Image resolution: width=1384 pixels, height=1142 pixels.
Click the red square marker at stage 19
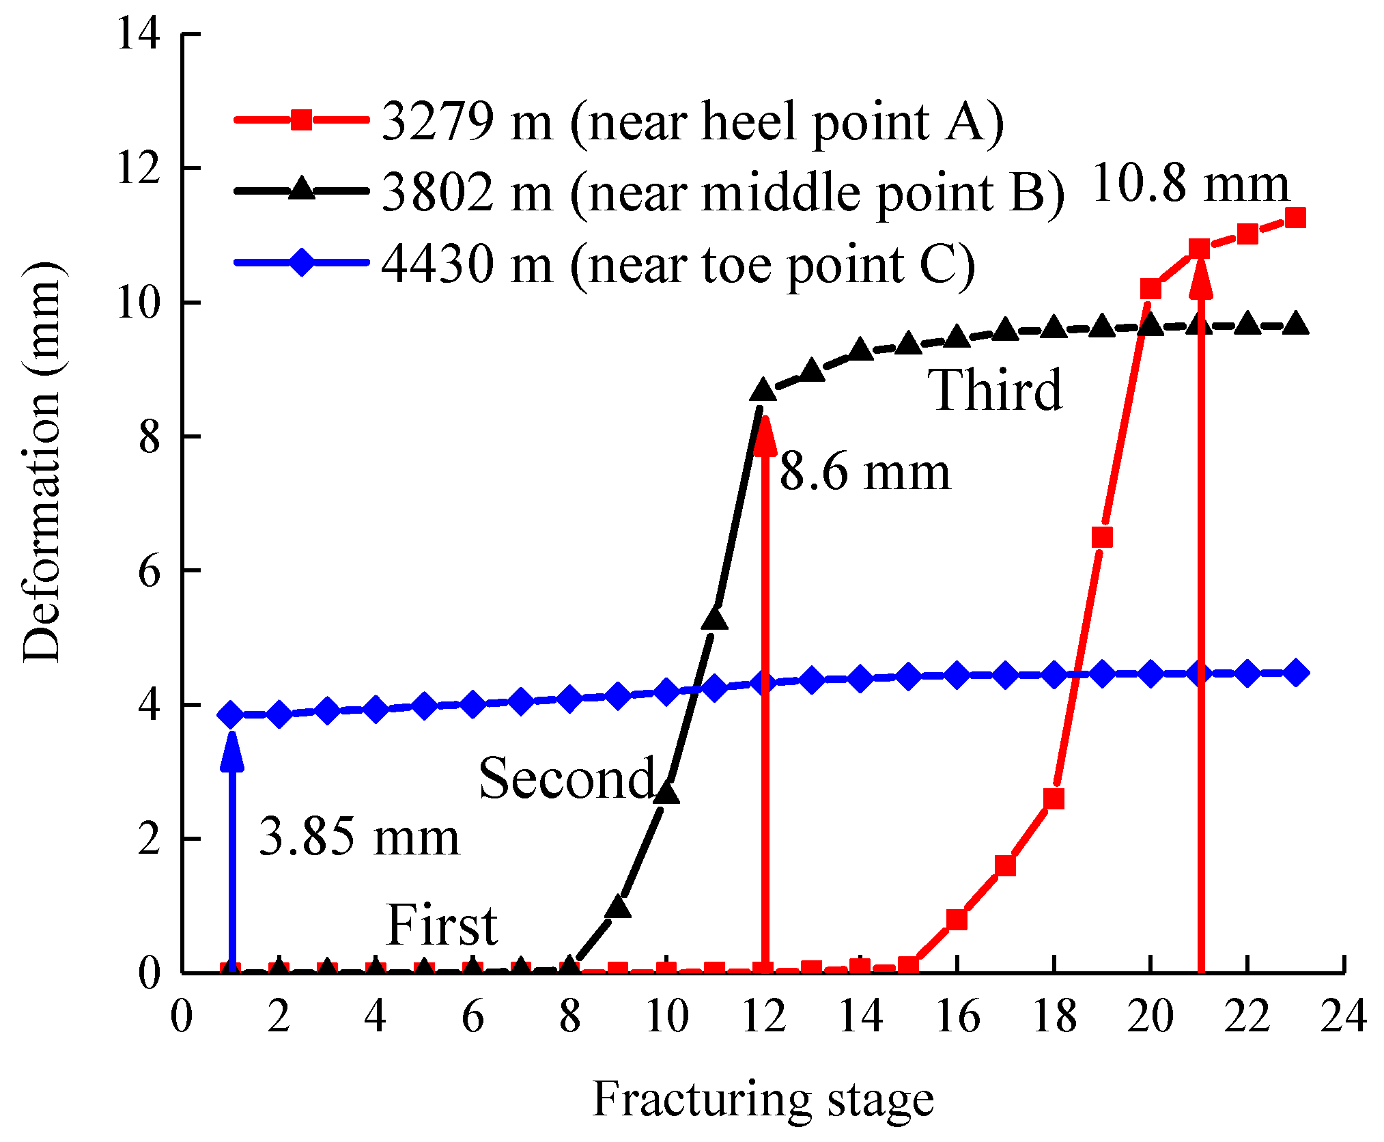(x=1102, y=538)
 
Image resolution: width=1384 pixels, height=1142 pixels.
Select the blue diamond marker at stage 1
(x=231, y=714)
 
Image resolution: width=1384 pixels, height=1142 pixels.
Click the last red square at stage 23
(x=1295, y=218)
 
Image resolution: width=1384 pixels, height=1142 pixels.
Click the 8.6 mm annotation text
(x=864, y=472)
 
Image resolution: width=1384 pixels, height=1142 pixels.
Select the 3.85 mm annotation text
(x=359, y=837)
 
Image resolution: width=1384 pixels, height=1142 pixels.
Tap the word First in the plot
(x=442, y=925)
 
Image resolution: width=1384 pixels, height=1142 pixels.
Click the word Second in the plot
(x=567, y=778)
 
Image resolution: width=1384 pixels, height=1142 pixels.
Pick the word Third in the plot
(x=995, y=390)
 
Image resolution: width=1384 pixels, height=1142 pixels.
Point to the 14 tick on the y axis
(x=139, y=33)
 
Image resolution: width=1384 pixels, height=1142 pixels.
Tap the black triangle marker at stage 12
(x=763, y=391)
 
